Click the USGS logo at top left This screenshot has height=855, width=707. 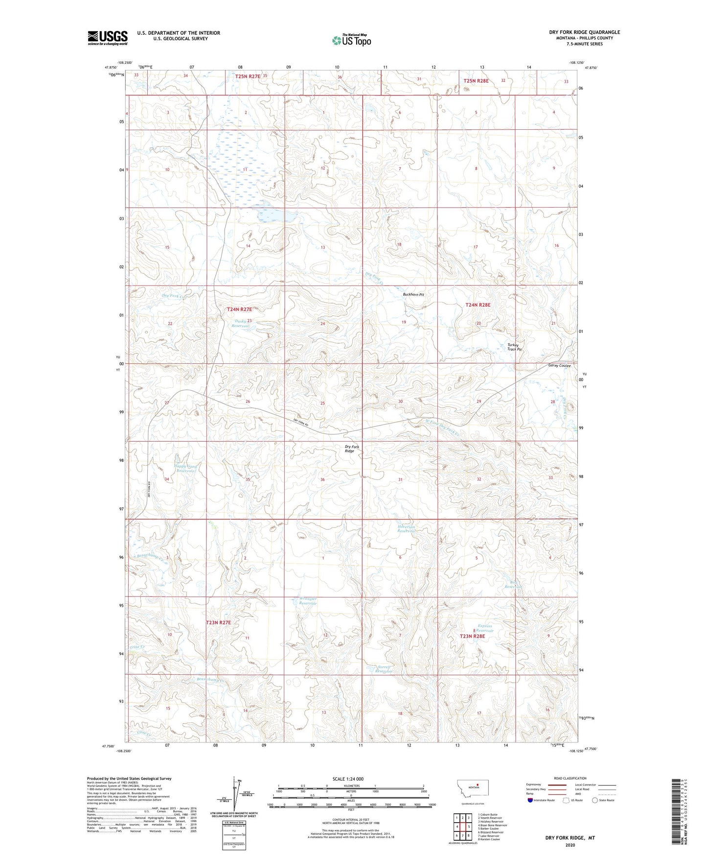(108, 38)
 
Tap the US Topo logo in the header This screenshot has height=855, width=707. (351, 40)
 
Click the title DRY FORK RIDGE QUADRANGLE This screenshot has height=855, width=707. (584, 32)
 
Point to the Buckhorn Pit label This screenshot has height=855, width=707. (413, 294)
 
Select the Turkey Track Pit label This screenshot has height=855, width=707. (514, 347)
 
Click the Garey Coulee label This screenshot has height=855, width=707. (559, 366)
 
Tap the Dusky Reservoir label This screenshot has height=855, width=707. (240, 324)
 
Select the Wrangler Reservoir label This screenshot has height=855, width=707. (308, 601)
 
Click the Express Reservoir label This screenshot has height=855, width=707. (485, 628)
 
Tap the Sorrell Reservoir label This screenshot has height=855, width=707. (384, 669)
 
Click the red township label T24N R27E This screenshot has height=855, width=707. (239, 309)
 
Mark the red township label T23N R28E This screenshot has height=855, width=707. (472, 636)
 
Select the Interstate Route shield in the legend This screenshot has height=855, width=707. (530, 800)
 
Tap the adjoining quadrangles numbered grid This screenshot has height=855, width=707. (462, 827)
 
